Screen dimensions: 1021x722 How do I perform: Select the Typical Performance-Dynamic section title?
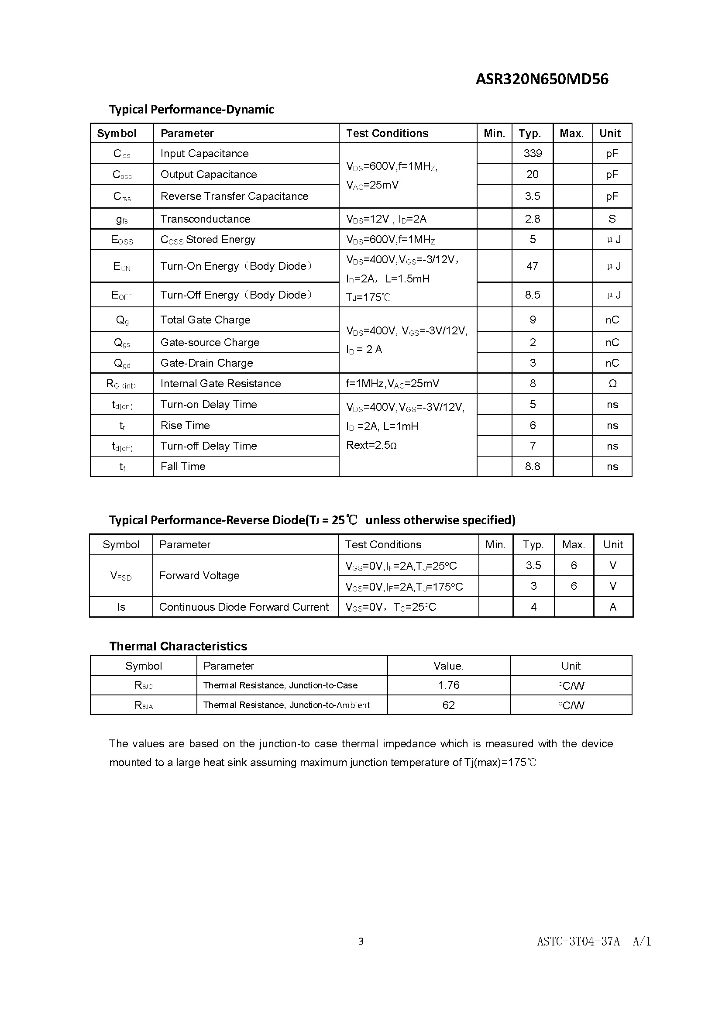pos(191,110)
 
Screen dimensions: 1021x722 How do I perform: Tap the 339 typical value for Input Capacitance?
pos(532,153)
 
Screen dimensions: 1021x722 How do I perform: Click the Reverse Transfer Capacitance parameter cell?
pos(234,196)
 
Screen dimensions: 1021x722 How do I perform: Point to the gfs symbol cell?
pos(122,219)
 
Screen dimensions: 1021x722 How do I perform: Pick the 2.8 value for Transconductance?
pos(532,219)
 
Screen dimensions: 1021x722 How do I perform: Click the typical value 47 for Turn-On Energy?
pos(532,266)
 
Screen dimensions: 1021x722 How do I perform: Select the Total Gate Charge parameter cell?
pos(205,320)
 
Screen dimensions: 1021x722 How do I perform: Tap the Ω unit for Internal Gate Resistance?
pos(612,384)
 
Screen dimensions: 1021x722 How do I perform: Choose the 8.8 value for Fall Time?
pos(532,467)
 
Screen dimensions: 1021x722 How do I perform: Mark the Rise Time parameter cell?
pos(185,426)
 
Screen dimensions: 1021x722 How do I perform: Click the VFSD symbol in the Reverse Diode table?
pos(121,576)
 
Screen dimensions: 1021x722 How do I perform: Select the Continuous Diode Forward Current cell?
pos(244,607)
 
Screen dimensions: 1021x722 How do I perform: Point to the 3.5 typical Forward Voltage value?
pos(533,566)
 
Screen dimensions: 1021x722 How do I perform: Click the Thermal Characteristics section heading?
pos(178,646)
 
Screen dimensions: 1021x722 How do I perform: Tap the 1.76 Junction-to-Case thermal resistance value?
pos(449,685)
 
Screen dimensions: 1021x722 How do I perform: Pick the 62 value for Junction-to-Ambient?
pos(449,705)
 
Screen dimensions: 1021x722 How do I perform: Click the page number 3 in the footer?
pos(361,941)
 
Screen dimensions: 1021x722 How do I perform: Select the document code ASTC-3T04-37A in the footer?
pos(578,942)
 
